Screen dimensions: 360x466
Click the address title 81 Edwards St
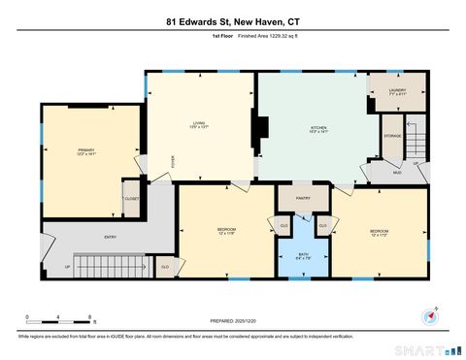click(x=232, y=20)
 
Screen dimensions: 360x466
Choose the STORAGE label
click(x=391, y=136)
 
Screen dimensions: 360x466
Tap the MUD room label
click(x=396, y=172)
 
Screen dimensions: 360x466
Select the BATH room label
click(x=303, y=256)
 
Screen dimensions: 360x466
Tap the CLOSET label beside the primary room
click(x=131, y=198)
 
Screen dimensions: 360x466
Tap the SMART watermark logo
click(x=421, y=347)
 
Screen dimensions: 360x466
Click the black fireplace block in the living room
click(x=258, y=128)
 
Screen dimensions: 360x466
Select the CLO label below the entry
click(x=165, y=266)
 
